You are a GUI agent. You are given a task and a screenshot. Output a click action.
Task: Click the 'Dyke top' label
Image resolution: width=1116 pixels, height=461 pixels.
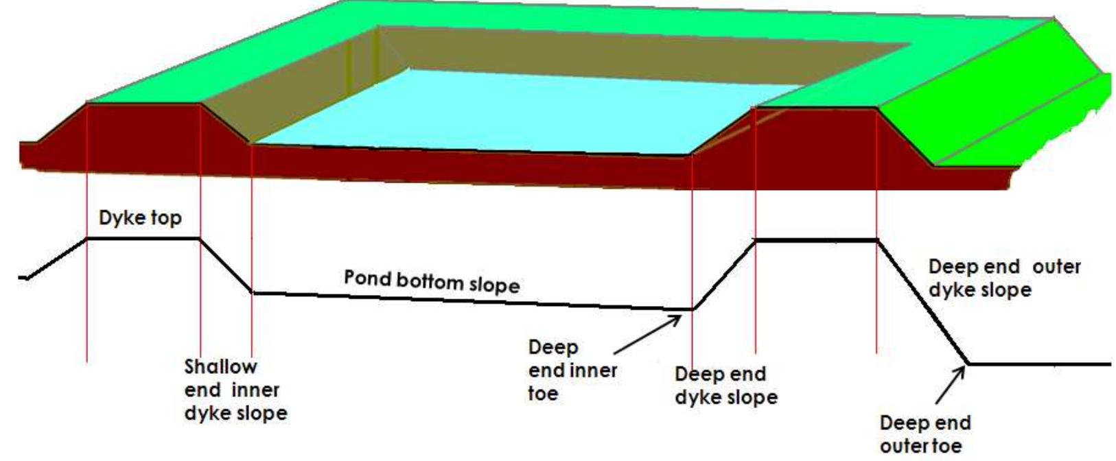point(140,218)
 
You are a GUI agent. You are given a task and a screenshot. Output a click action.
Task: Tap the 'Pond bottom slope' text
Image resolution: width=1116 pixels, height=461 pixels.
point(431,281)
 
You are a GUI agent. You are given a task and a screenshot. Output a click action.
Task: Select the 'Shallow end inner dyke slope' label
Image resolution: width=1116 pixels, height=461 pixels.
point(235,390)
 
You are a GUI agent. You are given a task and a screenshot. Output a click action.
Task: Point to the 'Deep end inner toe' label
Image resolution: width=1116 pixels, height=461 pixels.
point(572,370)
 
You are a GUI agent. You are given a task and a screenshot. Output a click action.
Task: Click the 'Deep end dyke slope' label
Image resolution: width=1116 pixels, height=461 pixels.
point(725,386)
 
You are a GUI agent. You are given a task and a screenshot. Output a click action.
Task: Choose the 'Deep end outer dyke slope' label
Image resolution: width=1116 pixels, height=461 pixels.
point(1004,278)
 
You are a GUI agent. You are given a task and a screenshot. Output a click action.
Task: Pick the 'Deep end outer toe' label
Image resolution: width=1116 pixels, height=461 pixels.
point(925,434)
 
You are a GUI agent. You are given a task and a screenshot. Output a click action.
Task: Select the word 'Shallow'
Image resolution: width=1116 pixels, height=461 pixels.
point(220,367)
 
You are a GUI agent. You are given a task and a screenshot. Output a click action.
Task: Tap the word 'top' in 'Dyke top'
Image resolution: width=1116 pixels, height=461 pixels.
point(165,219)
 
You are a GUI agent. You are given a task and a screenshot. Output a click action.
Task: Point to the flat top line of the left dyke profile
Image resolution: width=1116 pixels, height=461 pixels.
point(143,238)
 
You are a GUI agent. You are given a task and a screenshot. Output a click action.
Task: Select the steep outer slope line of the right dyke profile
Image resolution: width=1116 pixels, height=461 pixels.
point(923,302)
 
